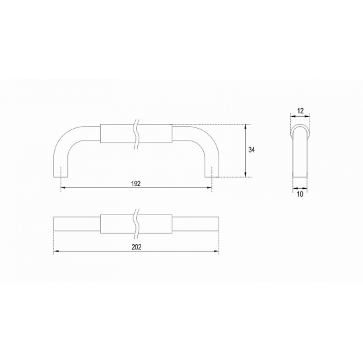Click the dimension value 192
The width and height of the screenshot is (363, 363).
[136, 183]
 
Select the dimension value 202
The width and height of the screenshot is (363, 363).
[137, 247]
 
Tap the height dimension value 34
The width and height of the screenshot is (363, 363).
[251, 150]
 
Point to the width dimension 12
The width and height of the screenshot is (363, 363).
[300, 111]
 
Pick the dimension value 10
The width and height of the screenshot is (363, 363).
[300, 194]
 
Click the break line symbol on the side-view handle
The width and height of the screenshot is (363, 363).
[137, 135]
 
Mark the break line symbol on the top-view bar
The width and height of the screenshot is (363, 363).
[137, 224]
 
